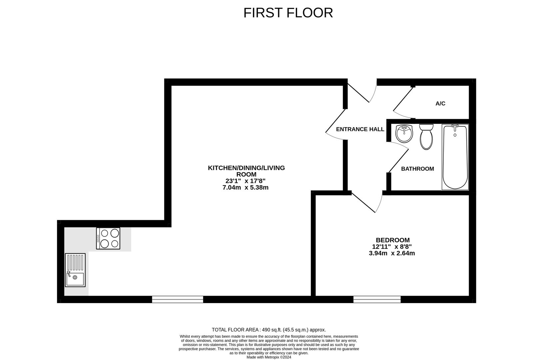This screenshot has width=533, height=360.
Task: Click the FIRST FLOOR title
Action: pos(288,13)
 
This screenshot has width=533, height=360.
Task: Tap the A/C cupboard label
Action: pos(440,104)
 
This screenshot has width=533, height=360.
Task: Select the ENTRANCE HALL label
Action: pos(360,129)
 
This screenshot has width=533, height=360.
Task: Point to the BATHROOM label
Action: pos(417,169)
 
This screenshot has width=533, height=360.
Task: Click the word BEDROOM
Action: pos(393,240)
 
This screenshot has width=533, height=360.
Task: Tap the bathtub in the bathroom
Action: pos(455,157)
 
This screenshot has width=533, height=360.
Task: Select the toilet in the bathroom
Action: pos(426,137)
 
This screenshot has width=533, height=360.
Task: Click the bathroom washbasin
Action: pos(404,134)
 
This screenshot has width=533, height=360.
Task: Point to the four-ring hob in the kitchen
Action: pos(108,238)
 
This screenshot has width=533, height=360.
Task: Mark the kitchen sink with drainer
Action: pos(75,270)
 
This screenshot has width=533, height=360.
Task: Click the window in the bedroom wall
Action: pos(377,299)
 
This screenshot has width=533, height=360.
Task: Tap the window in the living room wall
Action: pos(178,299)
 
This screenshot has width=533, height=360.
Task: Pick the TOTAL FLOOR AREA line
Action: pos(269,330)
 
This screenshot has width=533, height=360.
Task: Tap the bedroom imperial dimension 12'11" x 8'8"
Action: pos(392,247)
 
